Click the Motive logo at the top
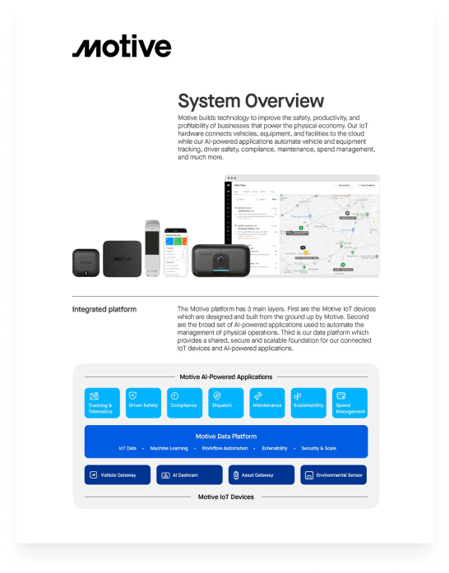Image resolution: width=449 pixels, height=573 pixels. tap(122, 48)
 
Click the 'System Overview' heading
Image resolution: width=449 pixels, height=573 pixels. tap(251, 101)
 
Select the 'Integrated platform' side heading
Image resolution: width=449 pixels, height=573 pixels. tap(104, 310)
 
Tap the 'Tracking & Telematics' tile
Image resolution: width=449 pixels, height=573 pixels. tap(102, 403)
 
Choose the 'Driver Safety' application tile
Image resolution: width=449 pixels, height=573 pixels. tap(143, 403)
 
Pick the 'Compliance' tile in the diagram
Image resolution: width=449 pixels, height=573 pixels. tap(184, 403)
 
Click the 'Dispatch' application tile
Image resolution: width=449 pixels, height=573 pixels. tap(225, 403)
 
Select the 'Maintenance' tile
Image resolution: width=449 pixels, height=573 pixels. tap(267, 403)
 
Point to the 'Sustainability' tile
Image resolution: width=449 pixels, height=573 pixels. tap(308, 403)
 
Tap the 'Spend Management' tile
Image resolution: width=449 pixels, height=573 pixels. tap(349, 403)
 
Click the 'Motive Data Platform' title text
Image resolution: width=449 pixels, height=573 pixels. tap(225, 436)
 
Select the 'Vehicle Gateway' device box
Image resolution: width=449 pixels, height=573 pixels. tap(118, 475)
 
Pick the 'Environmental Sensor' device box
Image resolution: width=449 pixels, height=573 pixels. tap(333, 475)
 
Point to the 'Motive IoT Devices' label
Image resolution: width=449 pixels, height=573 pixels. tap(225, 497)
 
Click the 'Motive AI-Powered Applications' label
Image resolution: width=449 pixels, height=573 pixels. tap(225, 377)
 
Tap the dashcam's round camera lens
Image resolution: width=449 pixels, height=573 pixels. tap(220, 263)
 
